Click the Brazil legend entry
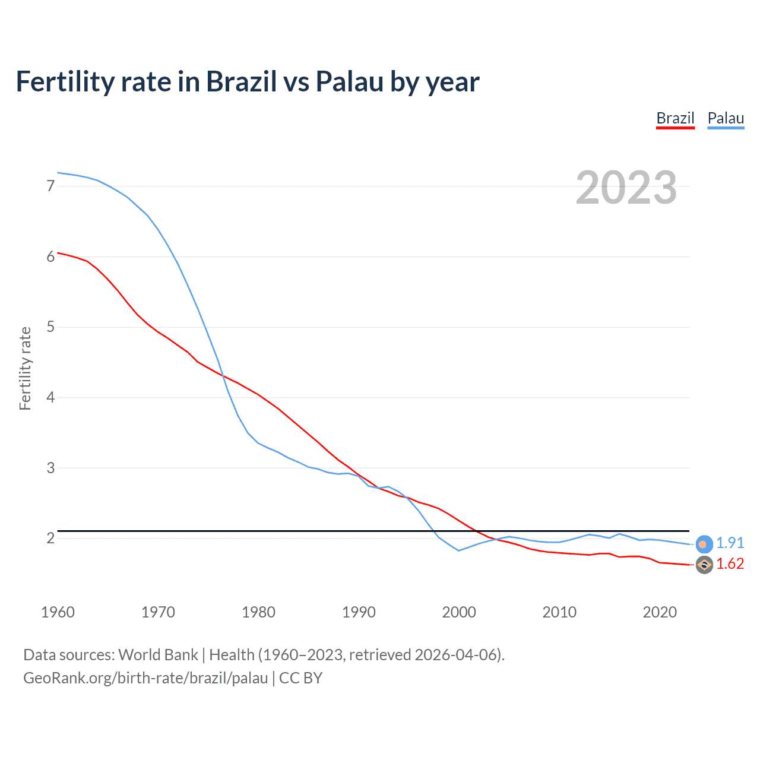click(x=675, y=118)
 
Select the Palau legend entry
click(x=726, y=118)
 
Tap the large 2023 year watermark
click(x=626, y=188)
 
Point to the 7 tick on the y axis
click(x=50, y=186)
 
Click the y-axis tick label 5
click(x=50, y=327)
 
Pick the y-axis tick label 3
click(x=50, y=468)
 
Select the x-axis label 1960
click(x=58, y=612)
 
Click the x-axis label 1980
click(x=258, y=612)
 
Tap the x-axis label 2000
click(x=459, y=612)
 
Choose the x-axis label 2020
click(x=660, y=612)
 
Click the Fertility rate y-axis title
click(x=25, y=368)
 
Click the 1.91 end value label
click(x=730, y=543)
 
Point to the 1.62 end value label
click(x=730, y=563)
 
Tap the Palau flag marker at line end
click(x=704, y=544)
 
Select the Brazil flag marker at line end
click(x=704, y=565)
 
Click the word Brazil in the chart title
click(x=241, y=81)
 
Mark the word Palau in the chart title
click(x=350, y=81)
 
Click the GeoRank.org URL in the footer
click(x=145, y=677)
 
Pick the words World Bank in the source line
click(x=158, y=655)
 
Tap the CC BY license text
click(x=300, y=677)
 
